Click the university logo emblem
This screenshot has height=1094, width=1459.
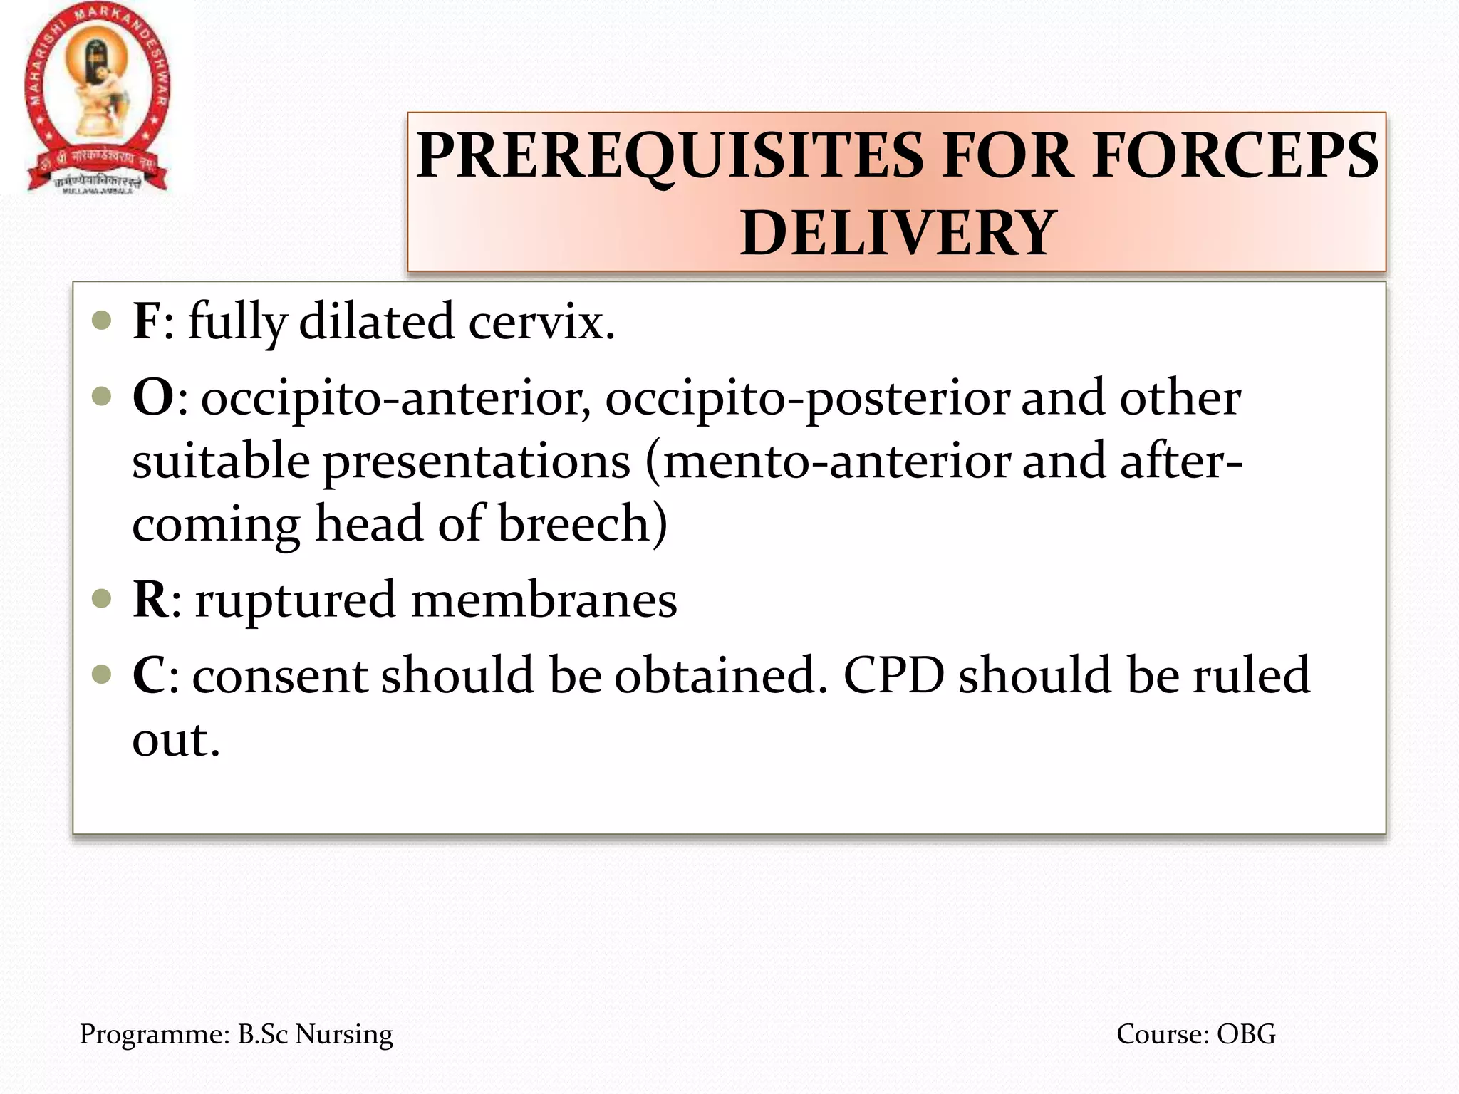pos(98,98)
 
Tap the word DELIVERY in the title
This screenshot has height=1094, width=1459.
pos(897,233)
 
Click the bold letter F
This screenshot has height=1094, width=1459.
pos(147,321)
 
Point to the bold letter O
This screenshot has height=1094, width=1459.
pos(153,397)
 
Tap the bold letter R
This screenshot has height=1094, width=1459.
pos(150,600)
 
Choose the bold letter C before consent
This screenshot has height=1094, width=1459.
pos(150,675)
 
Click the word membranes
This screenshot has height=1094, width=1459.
pos(544,600)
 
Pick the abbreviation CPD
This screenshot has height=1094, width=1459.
pos(894,675)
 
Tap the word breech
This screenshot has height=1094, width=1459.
pos(573,524)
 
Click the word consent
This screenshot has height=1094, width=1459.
pos(281,675)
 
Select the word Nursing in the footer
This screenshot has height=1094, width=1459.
pos(344,1034)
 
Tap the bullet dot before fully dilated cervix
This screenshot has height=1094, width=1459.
pos(103,320)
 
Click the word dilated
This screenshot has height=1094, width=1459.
pos(376,321)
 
